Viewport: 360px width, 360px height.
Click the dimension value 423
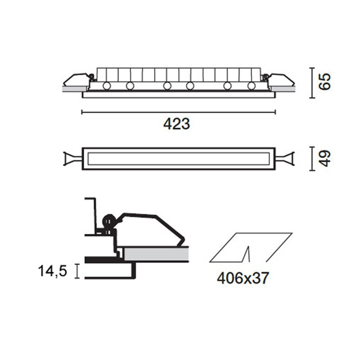tap(176, 124)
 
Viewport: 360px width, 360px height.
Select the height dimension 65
tap(324, 82)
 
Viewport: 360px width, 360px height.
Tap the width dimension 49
tap(324, 158)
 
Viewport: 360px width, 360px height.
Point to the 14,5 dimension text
tap(53, 271)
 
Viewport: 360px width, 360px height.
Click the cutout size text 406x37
tap(243, 278)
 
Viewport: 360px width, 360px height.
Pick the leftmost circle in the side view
tap(107, 85)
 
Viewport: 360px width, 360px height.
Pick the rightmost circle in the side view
tap(251, 85)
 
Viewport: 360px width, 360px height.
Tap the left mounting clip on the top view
tap(72, 158)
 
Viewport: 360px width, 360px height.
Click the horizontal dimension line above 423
tap(178, 112)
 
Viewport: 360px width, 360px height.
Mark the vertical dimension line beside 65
tap(311, 82)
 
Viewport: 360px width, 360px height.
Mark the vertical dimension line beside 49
tap(311, 158)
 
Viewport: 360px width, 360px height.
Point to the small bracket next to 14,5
tap(77, 271)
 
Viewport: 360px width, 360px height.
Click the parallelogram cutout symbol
tap(252, 247)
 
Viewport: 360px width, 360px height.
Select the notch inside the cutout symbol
tap(246, 254)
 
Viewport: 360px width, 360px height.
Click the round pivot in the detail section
tap(108, 220)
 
